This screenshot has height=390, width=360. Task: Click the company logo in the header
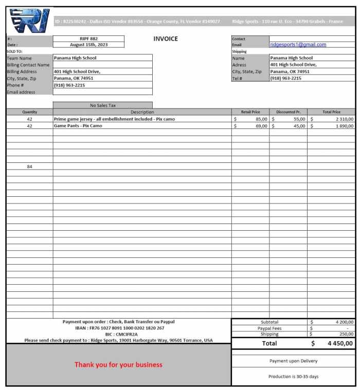click(29, 21)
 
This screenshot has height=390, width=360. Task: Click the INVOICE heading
click(166, 39)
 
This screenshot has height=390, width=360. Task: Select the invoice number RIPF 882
click(88, 39)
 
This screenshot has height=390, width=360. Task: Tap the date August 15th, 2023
click(88, 45)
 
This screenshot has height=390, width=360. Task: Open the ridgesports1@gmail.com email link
click(298, 45)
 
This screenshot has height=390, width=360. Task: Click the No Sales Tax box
click(103, 105)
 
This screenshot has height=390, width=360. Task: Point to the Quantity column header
click(29, 112)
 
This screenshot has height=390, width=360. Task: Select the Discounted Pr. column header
click(288, 112)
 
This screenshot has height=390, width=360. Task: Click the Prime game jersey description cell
click(114, 119)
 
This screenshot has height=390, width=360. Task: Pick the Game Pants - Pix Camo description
click(78, 125)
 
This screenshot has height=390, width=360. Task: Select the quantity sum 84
click(29, 166)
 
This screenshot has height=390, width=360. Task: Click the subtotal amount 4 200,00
click(342, 322)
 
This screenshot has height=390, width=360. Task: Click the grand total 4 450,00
click(340, 343)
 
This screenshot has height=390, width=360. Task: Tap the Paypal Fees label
click(269, 328)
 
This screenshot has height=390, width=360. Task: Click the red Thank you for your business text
click(118, 365)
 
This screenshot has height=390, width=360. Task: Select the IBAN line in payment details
click(120, 328)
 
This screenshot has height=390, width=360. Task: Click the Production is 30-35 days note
click(293, 377)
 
